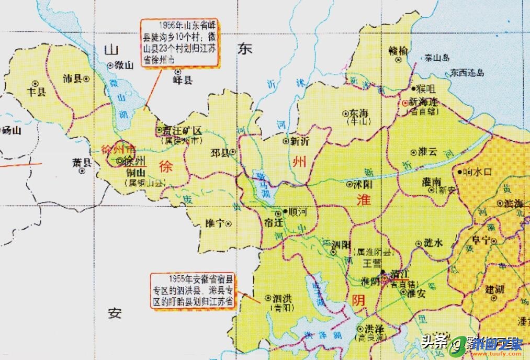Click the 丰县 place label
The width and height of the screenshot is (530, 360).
point(37,92)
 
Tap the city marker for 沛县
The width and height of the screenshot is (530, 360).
point(85,78)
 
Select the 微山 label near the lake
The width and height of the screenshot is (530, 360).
point(124,65)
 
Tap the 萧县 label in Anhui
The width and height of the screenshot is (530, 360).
point(82,162)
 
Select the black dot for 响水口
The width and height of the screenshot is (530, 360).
point(459,171)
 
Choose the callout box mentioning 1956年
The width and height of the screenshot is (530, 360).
point(179,43)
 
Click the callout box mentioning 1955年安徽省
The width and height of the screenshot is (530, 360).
point(193,291)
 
